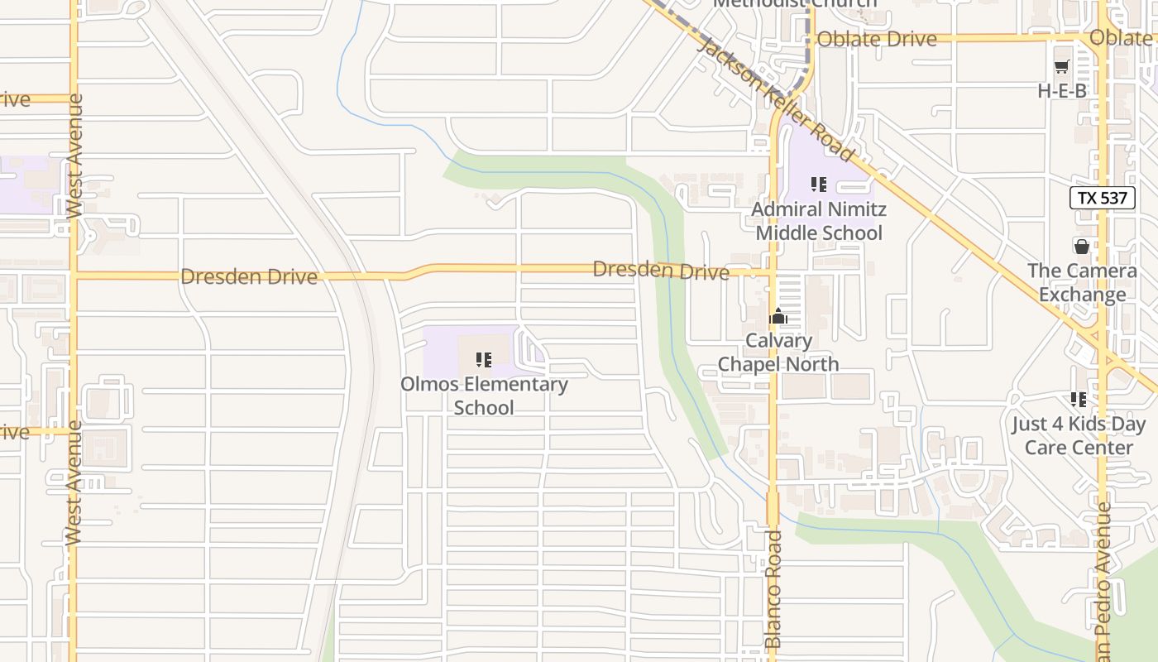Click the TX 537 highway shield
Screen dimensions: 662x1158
[x=1103, y=198]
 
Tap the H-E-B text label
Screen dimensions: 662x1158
[x=1062, y=91]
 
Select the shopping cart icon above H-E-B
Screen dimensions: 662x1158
[x=1062, y=67]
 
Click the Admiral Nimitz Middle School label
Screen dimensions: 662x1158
[x=818, y=221]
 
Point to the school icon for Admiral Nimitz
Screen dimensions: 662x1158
[x=819, y=185]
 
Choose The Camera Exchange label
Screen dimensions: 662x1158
[x=1082, y=283]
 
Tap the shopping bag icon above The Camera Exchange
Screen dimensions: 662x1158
[x=1081, y=246]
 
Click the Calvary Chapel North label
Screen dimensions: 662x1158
[x=778, y=353]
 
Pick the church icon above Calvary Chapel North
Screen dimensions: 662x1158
[x=778, y=316]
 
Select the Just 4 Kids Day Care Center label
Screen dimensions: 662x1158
[x=1079, y=436]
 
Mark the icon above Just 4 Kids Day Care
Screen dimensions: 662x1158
[x=1079, y=400]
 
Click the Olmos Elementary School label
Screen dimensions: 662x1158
[x=484, y=396]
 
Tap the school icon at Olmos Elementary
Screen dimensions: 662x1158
[x=484, y=360]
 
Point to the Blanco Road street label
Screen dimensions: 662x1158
[x=773, y=589]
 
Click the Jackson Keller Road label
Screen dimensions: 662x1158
[x=775, y=98]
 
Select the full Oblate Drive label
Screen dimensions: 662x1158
[x=876, y=39]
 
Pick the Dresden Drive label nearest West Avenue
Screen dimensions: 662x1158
[x=248, y=276]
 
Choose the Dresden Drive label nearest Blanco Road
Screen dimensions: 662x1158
[x=661, y=270]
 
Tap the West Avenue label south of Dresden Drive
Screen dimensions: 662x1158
[x=74, y=482]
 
